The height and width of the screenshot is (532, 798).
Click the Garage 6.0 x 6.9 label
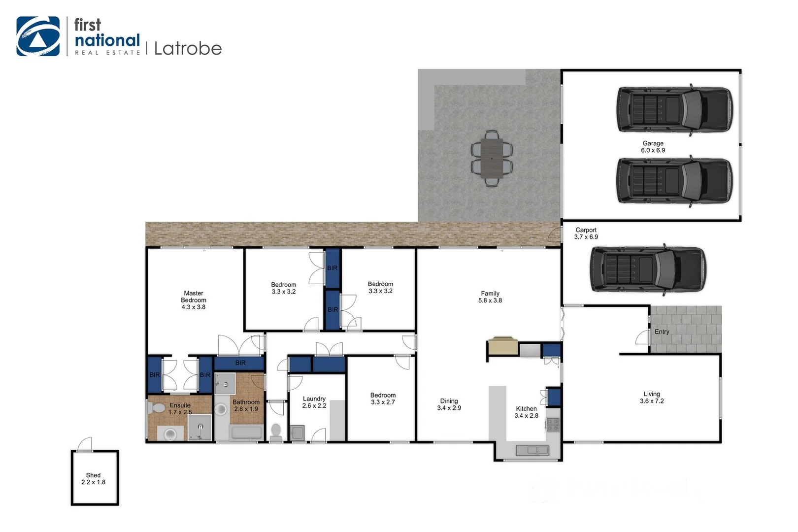pyautogui.click(x=653, y=147)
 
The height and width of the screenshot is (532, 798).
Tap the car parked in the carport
pyautogui.click(x=647, y=269)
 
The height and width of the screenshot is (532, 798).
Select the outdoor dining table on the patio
pyautogui.click(x=492, y=158)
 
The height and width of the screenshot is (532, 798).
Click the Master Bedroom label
pyautogui.click(x=194, y=299)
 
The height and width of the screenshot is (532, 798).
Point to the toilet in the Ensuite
pyautogui.click(x=157, y=408)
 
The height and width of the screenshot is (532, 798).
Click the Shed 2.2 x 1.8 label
pyautogui.click(x=93, y=478)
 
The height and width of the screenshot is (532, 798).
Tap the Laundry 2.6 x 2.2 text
pyautogui.click(x=314, y=402)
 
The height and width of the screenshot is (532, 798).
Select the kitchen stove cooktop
pyautogui.click(x=553, y=425)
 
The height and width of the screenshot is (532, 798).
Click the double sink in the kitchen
pyautogui.click(x=532, y=450)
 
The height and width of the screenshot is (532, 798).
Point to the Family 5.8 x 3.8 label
pyautogui.click(x=490, y=297)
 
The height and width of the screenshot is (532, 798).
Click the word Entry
pyautogui.click(x=662, y=332)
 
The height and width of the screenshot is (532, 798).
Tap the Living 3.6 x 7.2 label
pyautogui.click(x=652, y=397)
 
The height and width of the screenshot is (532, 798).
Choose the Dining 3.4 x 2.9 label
pyautogui.click(x=449, y=404)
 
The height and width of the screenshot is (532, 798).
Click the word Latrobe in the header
pyautogui.click(x=188, y=48)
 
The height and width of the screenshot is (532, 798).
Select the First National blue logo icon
pyautogui.click(x=38, y=36)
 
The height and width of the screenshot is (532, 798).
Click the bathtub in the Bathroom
pyautogui.click(x=246, y=433)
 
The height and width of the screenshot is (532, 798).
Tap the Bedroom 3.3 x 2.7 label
pyautogui.click(x=383, y=399)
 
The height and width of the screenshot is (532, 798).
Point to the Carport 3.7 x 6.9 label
pyautogui.click(x=586, y=233)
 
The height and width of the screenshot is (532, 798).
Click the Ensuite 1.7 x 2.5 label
pyautogui.click(x=180, y=408)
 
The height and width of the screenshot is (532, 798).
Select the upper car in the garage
pyautogui.click(x=674, y=109)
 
